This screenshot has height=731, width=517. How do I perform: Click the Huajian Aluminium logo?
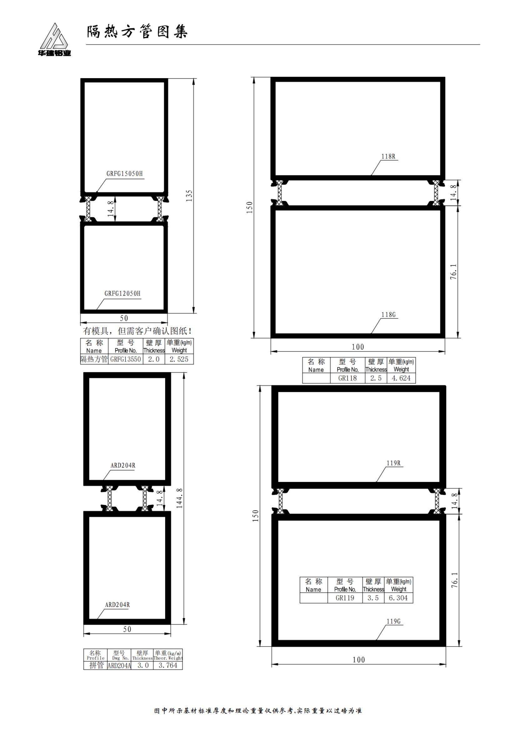pyautogui.click(x=54, y=39)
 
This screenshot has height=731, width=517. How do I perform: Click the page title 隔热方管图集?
pyautogui.click(x=137, y=32)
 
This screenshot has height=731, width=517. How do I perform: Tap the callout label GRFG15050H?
pyautogui.click(x=124, y=174)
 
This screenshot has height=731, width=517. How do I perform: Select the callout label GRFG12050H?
pyautogui.click(x=122, y=293)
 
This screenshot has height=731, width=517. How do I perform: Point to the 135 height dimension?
pyautogui.click(x=189, y=196)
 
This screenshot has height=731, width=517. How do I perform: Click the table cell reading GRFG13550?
pyautogui.click(x=125, y=359)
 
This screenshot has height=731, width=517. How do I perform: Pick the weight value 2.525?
pyautogui.click(x=179, y=359)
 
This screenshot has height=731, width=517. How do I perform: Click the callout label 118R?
pyautogui.click(x=388, y=156)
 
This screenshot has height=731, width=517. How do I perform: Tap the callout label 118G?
pyautogui.click(x=388, y=315)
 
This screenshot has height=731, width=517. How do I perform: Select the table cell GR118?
pyautogui.click(x=347, y=378)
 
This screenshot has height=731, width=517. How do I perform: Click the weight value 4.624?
pyautogui.click(x=401, y=378)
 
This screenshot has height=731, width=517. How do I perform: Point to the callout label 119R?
pyautogui.click(x=393, y=463)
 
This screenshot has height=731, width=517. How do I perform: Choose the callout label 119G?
pyautogui.click(x=393, y=622)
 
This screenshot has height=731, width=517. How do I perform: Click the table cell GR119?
pyautogui.click(x=345, y=598)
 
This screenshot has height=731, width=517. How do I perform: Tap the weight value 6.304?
pyautogui.click(x=398, y=598)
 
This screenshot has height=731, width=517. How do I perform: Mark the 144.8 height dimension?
pyautogui.click(x=180, y=498)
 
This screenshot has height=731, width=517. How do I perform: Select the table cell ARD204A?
pyautogui.click(x=119, y=665)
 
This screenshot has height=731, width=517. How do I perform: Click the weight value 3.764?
pyautogui.click(x=168, y=665)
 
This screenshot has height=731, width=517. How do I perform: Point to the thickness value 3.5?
pyautogui.click(x=373, y=598)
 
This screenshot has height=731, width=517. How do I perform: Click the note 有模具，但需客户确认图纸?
pyautogui.click(x=137, y=331)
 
